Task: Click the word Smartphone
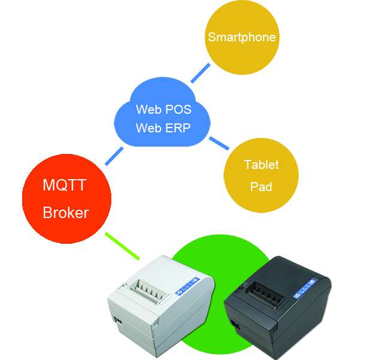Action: (242, 37)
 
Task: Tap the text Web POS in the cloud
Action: (163, 110)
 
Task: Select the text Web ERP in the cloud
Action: (163, 128)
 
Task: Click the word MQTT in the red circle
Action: (64, 185)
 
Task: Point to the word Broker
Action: (66, 213)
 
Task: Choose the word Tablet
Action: (262, 165)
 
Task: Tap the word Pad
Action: (261, 186)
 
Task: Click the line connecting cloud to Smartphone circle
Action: (201, 73)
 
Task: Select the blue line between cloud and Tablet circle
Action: (219, 143)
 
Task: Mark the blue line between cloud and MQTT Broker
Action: (114, 156)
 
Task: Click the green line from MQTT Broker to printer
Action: (122, 246)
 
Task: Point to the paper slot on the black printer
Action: (265, 294)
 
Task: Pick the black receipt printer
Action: (278, 308)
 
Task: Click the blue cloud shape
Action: (162, 113)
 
